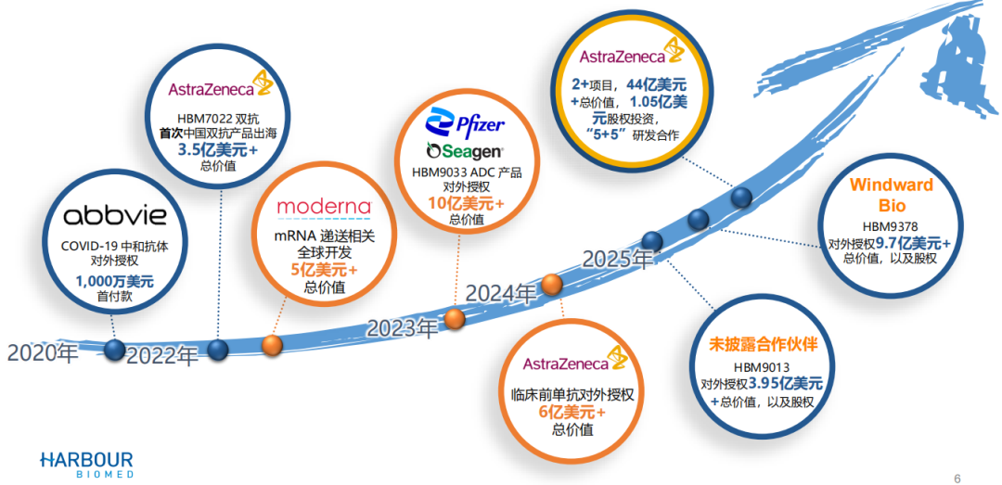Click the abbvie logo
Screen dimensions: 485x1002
click(115, 218)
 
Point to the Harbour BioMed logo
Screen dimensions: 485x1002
click(86, 464)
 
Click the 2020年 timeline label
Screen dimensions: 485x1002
click(42, 352)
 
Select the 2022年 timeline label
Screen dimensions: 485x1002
click(162, 356)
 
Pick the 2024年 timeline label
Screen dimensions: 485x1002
click(501, 294)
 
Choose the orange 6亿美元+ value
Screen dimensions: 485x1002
click(572, 413)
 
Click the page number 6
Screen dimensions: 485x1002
click(957, 478)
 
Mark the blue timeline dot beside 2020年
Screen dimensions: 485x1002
click(115, 350)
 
